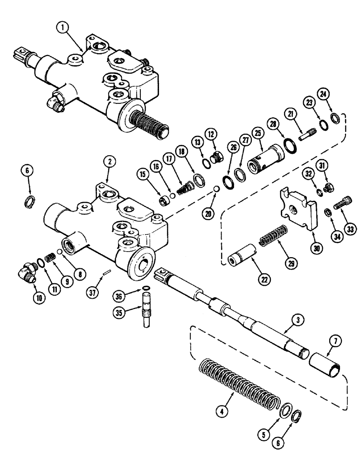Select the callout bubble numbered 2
(x=107, y=162)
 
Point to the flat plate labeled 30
(x=296, y=208)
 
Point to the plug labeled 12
(x=215, y=158)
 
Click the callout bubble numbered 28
(x=273, y=123)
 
